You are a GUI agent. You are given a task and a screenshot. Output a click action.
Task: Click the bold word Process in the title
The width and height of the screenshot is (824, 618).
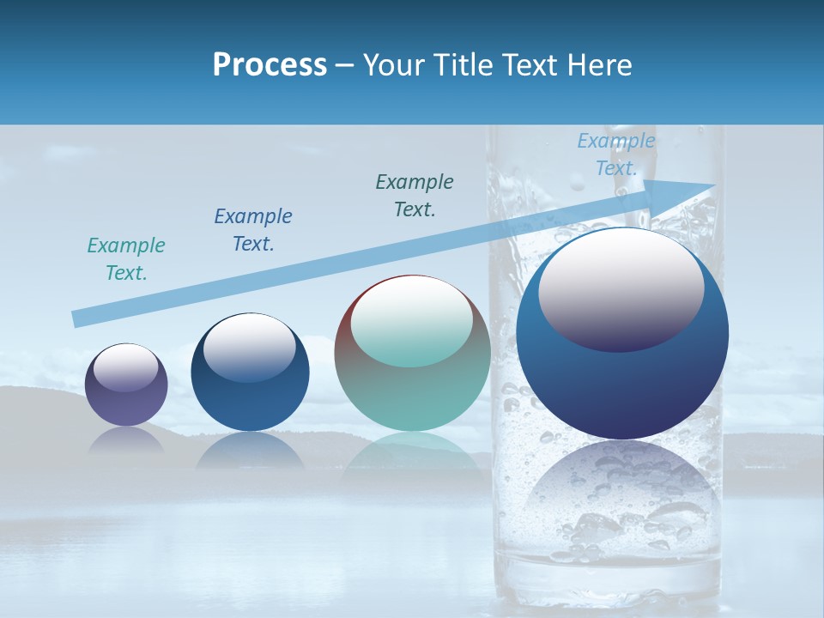pos(270,65)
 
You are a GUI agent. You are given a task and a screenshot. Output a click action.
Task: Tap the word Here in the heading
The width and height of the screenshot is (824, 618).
pos(598,65)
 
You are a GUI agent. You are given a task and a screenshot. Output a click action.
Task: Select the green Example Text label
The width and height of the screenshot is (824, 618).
pos(126,259)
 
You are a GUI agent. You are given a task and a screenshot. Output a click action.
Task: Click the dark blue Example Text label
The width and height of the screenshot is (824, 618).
pos(253,230)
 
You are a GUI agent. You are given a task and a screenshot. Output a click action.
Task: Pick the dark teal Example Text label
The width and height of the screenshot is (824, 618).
pos(415,196)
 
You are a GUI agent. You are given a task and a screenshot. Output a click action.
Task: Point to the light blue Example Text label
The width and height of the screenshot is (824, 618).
pos(615,154)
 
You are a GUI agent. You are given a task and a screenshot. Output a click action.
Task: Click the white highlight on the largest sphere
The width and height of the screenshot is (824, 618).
pos(621,288)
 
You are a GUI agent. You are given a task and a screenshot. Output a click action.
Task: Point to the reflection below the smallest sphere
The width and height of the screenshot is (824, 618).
pos(127,441)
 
